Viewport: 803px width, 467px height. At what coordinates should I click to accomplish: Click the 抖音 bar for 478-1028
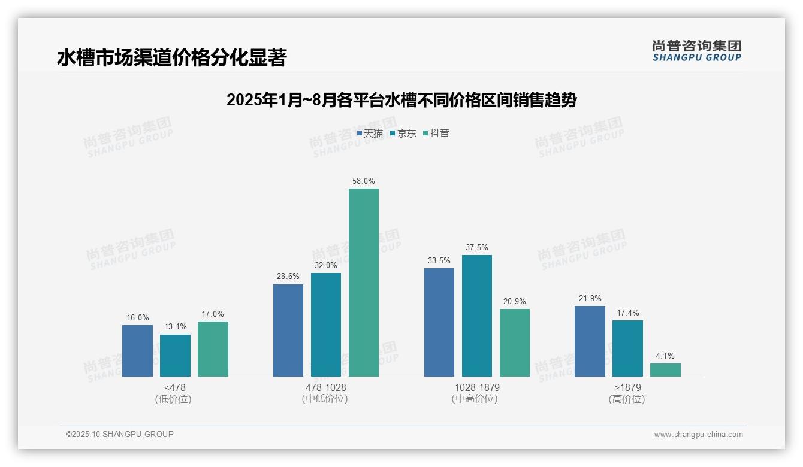pos(364,283)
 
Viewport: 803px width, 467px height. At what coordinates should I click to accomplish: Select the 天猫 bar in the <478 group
pos(137,351)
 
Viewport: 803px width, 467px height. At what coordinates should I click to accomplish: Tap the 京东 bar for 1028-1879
pos(476,316)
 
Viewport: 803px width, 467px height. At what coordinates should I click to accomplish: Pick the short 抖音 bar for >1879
pos(665,370)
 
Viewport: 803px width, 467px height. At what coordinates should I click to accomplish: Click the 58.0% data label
pos(364,181)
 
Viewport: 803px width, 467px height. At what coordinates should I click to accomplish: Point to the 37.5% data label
pos(476,247)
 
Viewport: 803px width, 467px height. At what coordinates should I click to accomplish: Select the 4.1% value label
pos(665,356)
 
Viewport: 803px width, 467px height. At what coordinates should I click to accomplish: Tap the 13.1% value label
pos(175,327)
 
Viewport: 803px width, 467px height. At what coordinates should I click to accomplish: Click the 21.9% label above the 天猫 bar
pos(590,298)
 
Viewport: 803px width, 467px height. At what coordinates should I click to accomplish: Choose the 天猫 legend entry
pos(370,133)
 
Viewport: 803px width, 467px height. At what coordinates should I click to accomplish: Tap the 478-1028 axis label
pos(325,387)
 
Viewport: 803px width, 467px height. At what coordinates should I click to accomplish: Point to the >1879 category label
pos(627,387)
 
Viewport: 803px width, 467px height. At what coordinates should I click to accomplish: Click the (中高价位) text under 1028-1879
pos(476,399)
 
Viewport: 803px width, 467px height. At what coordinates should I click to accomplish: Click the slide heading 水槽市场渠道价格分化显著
pos(172,57)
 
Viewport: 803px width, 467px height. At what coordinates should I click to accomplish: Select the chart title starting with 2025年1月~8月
pos(401,100)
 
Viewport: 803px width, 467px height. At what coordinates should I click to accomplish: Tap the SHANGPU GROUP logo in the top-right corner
pos(696,50)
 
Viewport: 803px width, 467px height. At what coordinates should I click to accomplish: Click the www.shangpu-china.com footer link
pos(698,435)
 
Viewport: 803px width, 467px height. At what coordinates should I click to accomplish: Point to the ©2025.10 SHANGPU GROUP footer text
pos(120,434)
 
